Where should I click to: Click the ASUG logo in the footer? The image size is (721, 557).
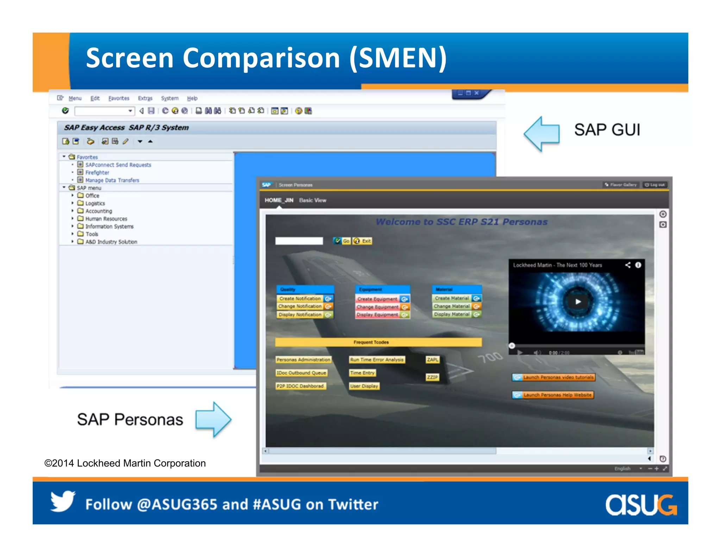pyautogui.click(x=640, y=505)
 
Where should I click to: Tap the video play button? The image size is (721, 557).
pyautogui.click(x=578, y=302)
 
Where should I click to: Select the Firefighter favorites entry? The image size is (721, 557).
pyautogui.click(x=97, y=173)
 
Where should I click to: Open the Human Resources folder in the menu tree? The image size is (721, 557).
pyautogui.click(x=106, y=219)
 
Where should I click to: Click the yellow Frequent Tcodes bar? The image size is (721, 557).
pyautogui.click(x=378, y=342)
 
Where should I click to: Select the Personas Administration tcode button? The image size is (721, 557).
pyautogui.click(x=303, y=360)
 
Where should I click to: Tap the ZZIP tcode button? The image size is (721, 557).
pyautogui.click(x=432, y=377)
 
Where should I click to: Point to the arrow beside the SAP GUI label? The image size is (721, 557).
pyautogui.click(x=542, y=134)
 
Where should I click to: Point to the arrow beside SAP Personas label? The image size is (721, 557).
pyautogui.click(x=213, y=419)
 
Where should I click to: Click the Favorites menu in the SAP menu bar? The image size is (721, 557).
pyautogui.click(x=119, y=98)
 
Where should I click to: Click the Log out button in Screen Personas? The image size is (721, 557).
pyautogui.click(x=655, y=185)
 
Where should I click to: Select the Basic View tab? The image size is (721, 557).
pyautogui.click(x=313, y=200)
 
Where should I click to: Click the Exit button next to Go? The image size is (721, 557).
pyautogui.click(x=363, y=241)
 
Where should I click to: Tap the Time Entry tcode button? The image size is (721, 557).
pyautogui.click(x=362, y=373)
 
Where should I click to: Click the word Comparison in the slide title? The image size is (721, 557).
pyautogui.click(x=261, y=58)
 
